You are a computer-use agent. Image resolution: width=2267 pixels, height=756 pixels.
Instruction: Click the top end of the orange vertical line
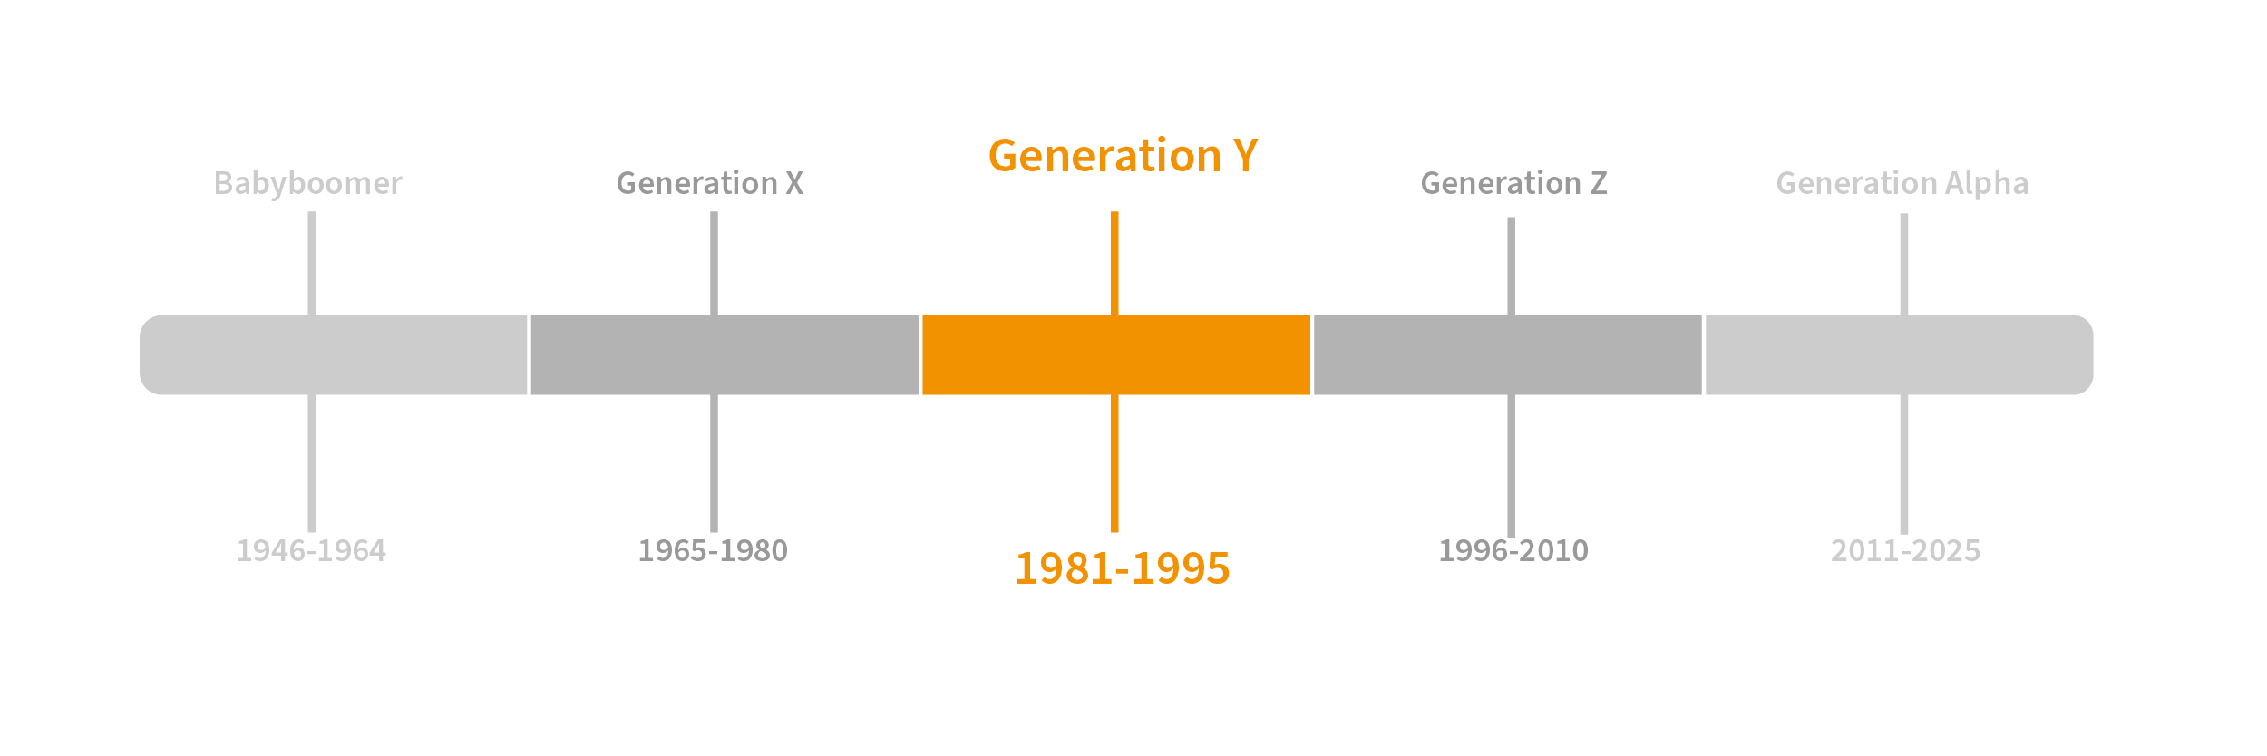(1114, 212)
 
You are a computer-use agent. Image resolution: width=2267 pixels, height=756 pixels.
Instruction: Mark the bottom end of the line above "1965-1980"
(714, 532)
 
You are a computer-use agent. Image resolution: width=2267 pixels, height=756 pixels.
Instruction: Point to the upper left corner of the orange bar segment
(922, 315)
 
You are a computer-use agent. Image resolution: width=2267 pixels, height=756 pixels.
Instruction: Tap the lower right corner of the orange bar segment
(1310, 394)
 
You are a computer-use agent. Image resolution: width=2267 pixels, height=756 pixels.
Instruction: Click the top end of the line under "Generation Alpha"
(1904, 214)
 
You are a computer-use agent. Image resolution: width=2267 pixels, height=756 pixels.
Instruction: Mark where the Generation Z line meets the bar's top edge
(1511, 315)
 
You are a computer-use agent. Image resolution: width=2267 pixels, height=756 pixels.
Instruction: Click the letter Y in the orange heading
(1245, 156)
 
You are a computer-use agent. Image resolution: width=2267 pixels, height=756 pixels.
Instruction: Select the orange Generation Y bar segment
(1116, 354)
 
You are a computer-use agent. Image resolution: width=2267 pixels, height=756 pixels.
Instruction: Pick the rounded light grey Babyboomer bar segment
(333, 354)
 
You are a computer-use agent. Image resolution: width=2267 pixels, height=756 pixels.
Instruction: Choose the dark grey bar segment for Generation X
(725, 354)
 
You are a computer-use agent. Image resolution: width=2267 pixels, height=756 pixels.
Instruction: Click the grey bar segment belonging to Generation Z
(1508, 354)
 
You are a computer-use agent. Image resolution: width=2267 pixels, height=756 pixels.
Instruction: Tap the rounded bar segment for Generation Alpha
(1900, 354)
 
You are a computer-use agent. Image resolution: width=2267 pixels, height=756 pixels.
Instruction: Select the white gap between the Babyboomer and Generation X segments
(529, 354)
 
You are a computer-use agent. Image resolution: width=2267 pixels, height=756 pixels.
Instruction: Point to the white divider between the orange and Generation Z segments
(1312, 354)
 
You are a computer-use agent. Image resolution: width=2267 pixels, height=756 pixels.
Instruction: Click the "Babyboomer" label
(307, 183)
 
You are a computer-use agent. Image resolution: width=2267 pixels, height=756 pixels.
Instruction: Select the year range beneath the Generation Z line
(1513, 550)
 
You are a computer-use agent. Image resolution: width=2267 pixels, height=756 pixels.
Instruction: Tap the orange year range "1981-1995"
(1122, 568)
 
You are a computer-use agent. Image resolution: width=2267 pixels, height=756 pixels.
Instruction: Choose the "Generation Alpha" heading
(1902, 183)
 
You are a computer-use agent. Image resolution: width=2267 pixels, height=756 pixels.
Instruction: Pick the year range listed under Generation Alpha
(1905, 550)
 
